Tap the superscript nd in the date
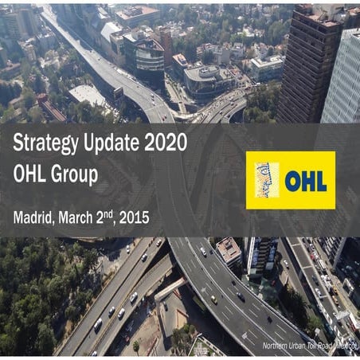(115, 212)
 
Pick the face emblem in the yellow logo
(264, 180)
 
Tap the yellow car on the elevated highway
(213, 299)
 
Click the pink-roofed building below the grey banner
(229, 252)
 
